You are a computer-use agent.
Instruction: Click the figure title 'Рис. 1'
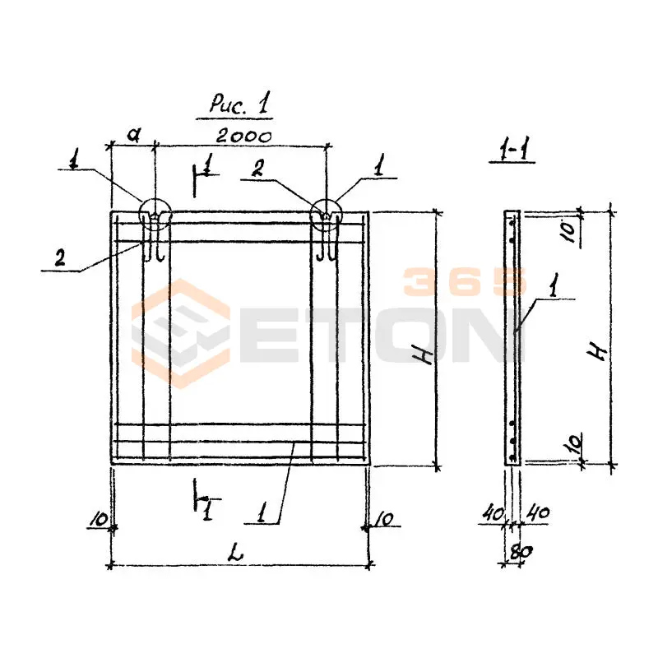click(x=239, y=103)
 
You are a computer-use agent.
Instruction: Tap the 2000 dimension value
click(x=244, y=137)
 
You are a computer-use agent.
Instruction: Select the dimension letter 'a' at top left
click(x=134, y=135)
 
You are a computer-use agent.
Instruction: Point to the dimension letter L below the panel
click(x=236, y=554)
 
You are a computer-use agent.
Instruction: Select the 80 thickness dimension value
click(x=520, y=552)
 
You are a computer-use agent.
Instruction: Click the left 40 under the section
click(x=493, y=512)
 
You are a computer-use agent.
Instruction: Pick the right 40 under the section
click(x=538, y=512)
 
